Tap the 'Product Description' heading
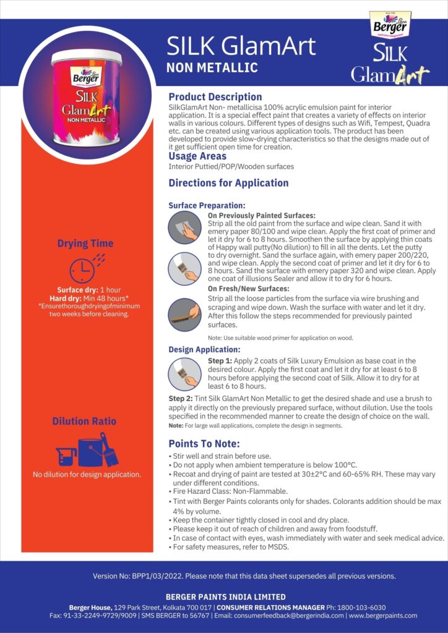click(215, 96)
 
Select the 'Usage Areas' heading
click(197, 156)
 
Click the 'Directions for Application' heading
click(228, 183)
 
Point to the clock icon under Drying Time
click(83, 270)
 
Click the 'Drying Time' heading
click(85, 244)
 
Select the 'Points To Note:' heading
click(204, 444)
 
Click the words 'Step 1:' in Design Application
click(220, 360)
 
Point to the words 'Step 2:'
click(181, 399)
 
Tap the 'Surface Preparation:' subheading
click(207, 205)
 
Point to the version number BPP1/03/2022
click(151, 576)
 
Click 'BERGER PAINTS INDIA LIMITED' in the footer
click(225, 597)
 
